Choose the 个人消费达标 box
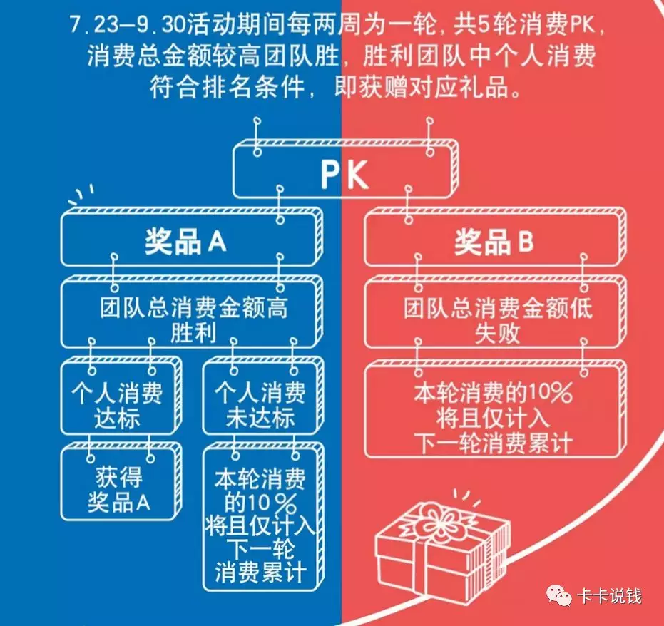(118, 404)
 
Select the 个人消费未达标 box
(260, 404)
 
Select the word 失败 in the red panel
(497, 332)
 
